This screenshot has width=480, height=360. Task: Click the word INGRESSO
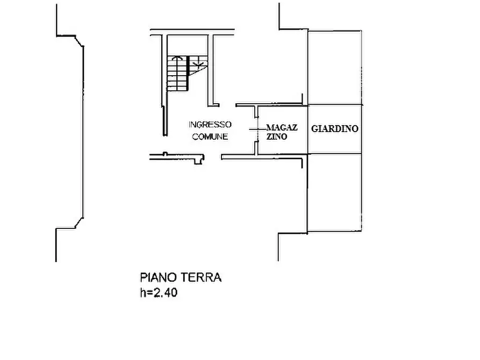coord(210,125)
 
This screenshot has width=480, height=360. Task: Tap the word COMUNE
coord(210,136)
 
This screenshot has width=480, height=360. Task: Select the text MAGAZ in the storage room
coord(282,127)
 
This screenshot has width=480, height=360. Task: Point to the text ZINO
coord(277,136)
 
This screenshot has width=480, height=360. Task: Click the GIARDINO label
coord(334,128)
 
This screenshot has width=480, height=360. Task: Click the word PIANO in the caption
coord(159,277)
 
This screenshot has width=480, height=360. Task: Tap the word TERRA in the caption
coord(201,277)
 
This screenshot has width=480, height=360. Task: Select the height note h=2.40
coord(159,293)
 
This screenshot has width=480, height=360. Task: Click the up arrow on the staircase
coord(177,58)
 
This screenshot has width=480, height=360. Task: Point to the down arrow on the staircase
coord(198,64)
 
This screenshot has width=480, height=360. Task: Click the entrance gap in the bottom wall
coord(212,157)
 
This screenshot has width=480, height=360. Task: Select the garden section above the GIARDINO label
coord(334,67)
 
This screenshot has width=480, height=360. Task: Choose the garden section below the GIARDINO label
coord(334,192)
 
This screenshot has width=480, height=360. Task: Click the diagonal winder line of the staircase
coord(198,71)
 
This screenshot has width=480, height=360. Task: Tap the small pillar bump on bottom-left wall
coord(166,154)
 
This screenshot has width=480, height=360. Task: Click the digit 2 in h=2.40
coord(157,293)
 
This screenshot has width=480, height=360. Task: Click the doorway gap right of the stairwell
coord(227,105)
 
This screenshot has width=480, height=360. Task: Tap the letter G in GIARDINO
coord(314,128)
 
